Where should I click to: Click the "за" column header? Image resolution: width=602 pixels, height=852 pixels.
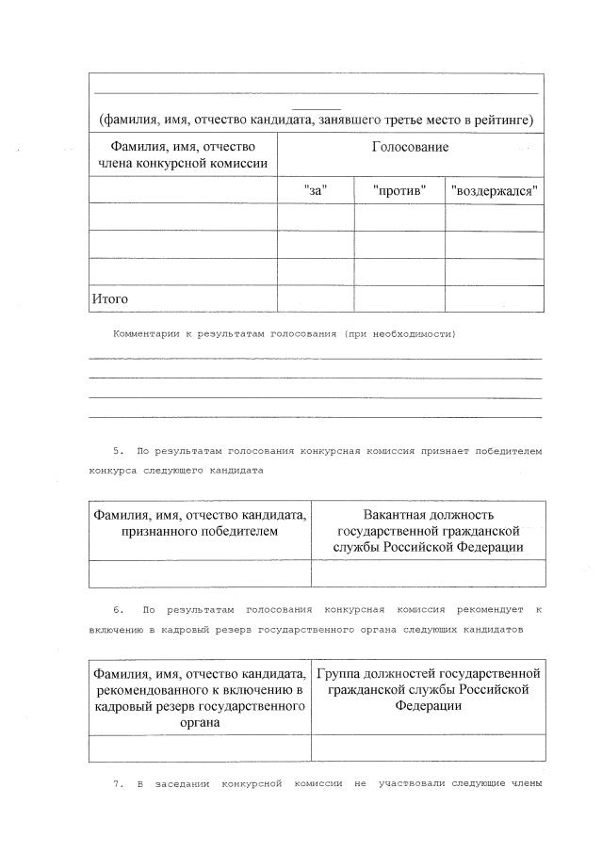click(x=316, y=190)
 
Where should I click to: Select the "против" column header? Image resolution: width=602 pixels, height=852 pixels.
click(x=399, y=190)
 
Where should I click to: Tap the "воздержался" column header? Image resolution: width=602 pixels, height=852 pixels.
click(x=495, y=190)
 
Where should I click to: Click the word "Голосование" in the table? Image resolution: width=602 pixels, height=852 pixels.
click(x=410, y=148)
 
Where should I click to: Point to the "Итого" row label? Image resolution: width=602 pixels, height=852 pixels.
click(x=109, y=298)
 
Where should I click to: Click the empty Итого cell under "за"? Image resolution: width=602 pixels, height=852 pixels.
click(x=316, y=298)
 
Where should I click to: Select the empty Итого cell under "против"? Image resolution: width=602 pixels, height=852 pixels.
click(x=399, y=298)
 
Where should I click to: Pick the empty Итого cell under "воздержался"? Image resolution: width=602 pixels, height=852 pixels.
click(x=495, y=298)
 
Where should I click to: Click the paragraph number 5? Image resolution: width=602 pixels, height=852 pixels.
click(x=118, y=452)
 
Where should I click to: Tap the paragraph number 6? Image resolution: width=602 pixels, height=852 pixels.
click(x=118, y=609)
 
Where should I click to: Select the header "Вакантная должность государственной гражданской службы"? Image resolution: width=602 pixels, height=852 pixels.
click(x=428, y=530)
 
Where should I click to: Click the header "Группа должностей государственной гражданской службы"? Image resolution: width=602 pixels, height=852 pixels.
click(x=428, y=689)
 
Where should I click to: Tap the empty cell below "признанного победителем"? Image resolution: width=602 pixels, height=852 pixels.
click(x=200, y=573)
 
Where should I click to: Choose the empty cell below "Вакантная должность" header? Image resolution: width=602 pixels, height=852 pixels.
click(x=428, y=573)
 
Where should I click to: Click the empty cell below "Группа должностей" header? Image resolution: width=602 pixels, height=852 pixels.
click(x=428, y=748)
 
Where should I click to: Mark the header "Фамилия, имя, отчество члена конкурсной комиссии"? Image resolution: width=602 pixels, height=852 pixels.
click(x=183, y=155)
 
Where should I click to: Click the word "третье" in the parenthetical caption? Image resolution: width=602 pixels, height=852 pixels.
click(x=374, y=120)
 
